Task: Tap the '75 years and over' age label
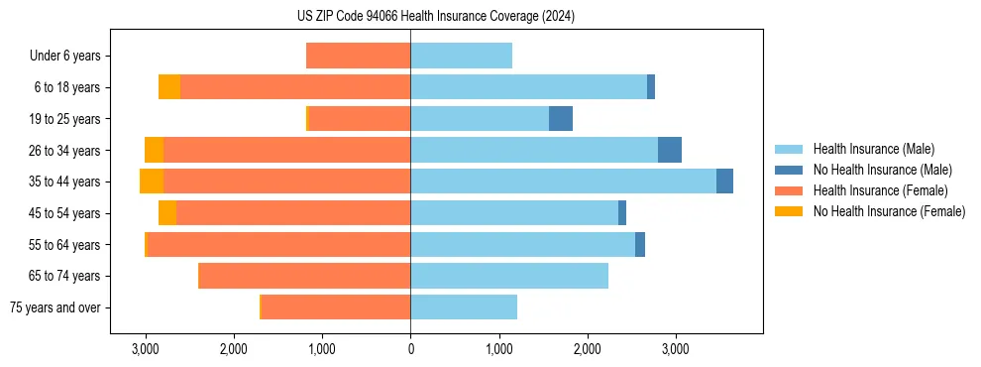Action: pos(54,307)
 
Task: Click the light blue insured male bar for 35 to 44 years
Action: pos(563,182)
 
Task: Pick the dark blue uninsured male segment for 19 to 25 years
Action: pos(561,119)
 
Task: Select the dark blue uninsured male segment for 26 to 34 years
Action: pos(670,150)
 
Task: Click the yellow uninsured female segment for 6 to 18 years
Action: pos(169,87)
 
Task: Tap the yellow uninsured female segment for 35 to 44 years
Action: pos(152,182)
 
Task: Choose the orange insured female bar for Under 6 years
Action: pos(358,56)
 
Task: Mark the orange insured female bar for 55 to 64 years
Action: pos(278,245)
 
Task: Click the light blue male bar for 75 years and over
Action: pos(464,307)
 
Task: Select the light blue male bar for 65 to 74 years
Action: pos(509,276)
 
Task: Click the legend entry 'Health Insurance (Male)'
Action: pos(873,149)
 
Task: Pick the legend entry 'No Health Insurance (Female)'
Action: pos(889,211)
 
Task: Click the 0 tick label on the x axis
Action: pos(410,349)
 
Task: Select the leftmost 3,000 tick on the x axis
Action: pos(146,349)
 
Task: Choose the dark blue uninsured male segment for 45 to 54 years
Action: pos(622,213)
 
